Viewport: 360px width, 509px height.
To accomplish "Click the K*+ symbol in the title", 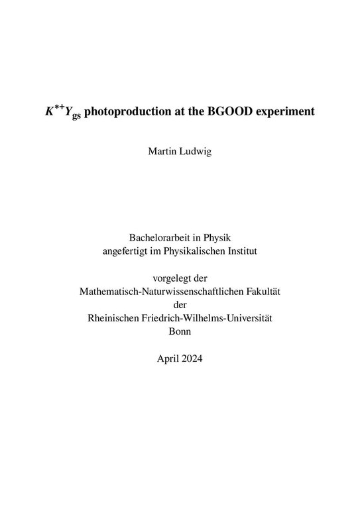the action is (55, 110).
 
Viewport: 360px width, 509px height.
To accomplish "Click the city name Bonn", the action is (180, 332).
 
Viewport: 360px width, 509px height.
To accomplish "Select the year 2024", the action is (192, 360).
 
